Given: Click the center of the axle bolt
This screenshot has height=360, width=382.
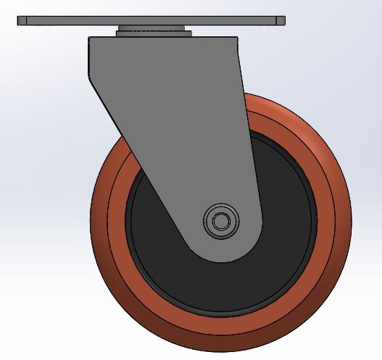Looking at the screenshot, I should (220, 219).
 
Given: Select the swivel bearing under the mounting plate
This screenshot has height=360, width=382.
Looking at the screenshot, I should (153, 31).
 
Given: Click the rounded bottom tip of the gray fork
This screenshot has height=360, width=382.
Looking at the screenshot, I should (221, 257).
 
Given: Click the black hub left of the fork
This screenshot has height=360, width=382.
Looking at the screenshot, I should (149, 225).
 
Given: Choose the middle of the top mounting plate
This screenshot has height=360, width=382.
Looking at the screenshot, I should (151, 21).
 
